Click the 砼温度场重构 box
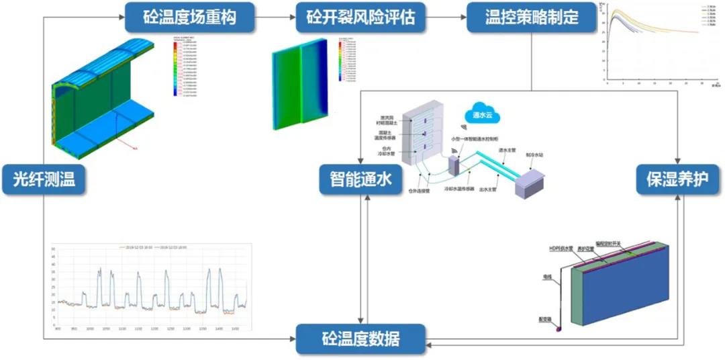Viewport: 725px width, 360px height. pos(190,17)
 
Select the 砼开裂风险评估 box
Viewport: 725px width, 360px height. pos(361,17)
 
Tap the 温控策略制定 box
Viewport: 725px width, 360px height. pos(532,17)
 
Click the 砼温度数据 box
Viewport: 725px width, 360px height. pos(361,338)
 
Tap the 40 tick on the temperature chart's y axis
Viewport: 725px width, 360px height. pos(53,264)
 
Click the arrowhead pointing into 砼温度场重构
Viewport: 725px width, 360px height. pos(122,17)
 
